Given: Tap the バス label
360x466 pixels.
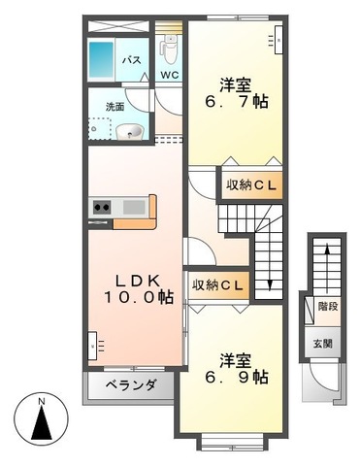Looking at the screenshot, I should (x=131, y=60).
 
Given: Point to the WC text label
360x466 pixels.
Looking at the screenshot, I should (x=169, y=75).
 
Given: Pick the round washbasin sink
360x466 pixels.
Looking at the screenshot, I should (x=129, y=131).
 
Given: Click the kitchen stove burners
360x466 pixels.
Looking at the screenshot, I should (x=102, y=206).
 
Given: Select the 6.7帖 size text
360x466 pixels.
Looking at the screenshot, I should (x=236, y=101).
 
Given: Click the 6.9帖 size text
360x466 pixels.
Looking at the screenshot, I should (x=236, y=379).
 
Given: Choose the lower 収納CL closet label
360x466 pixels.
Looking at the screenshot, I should (x=217, y=284).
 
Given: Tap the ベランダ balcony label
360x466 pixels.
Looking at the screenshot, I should (x=130, y=385).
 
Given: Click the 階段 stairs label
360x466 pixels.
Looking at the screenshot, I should (x=327, y=307).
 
